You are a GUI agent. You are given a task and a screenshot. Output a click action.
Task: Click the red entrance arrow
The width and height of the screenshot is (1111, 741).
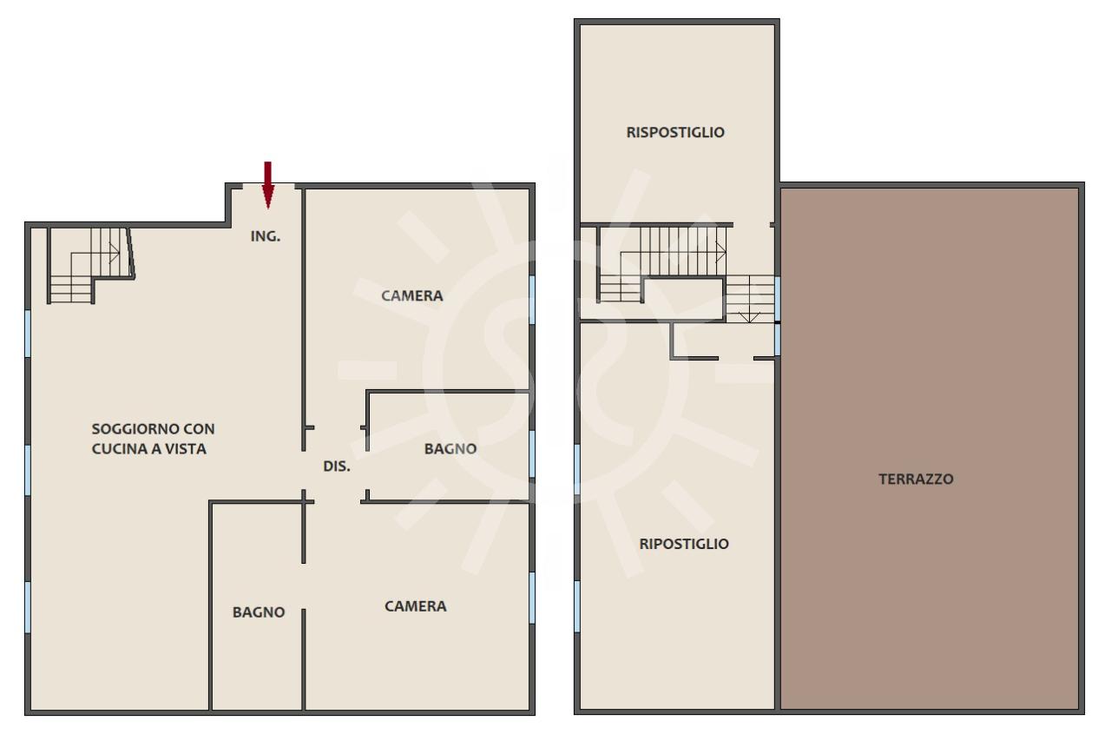[268, 185]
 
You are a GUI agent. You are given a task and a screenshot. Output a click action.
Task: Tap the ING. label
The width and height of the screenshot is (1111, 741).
[266, 236]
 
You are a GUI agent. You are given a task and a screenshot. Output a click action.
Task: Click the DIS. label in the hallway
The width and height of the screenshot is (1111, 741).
[337, 466]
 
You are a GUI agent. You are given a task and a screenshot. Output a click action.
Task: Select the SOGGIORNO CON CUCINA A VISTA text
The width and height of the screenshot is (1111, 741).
[154, 439]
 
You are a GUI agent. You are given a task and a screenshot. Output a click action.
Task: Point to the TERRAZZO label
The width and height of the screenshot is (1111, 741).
[916, 479]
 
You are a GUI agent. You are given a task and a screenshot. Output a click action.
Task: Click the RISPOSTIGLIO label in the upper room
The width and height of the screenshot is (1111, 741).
[675, 132]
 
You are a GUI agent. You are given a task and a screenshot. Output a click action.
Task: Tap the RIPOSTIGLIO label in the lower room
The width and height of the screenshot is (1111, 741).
[684, 544]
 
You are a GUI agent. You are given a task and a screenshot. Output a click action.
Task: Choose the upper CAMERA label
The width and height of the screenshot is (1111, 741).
[412, 296]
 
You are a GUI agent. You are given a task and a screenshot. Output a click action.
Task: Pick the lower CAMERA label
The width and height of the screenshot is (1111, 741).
[416, 606]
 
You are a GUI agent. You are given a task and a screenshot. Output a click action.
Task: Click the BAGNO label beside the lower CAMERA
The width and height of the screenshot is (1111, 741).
[259, 612]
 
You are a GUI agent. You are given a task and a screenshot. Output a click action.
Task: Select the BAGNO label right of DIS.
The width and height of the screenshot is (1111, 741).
[450, 448]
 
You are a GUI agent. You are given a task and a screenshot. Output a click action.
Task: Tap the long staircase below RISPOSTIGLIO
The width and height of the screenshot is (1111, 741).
[662, 263]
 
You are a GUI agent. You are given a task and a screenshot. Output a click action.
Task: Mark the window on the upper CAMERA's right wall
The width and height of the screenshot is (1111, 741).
[532, 300]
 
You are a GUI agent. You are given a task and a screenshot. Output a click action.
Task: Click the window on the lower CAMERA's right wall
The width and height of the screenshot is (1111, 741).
[532, 598]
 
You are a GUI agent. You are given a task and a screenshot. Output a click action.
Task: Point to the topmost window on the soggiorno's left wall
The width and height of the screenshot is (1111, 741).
[28, 334]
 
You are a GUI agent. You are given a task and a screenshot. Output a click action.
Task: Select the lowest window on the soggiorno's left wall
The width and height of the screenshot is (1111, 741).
[28, 607]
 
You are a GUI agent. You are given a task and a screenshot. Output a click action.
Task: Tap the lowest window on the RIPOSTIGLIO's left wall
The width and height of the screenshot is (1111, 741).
[577, 606]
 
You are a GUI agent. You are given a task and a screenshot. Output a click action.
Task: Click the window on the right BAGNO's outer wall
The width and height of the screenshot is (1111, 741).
[532, 453]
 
